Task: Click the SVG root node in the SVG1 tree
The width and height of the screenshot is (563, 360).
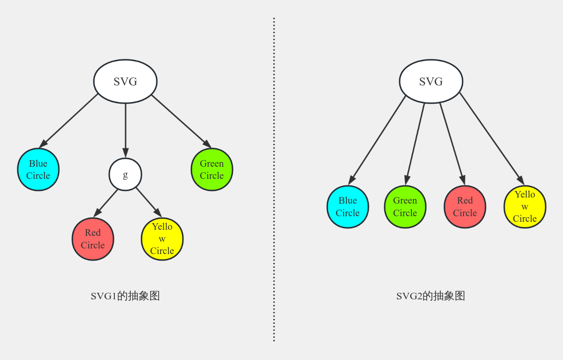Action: coord(125,81)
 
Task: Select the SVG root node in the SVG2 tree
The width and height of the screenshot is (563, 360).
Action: coord(431,81)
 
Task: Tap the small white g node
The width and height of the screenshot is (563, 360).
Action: coord(125,174)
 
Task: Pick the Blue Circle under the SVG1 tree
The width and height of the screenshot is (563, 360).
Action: coord(38,169)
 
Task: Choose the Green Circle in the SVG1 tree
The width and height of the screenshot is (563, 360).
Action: coord(212,169)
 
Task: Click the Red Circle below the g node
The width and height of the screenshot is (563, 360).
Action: coord(93,239)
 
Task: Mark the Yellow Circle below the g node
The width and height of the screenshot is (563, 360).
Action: coord(162,239)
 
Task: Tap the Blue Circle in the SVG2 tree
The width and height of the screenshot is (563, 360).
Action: coord(348,206)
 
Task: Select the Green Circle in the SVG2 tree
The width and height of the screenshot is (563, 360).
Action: coord(405,206)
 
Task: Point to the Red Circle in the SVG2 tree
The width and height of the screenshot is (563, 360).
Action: coord(465,206)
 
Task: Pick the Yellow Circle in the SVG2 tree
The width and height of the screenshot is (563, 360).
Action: coord(525,206)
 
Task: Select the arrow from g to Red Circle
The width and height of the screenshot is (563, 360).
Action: coord(106,203)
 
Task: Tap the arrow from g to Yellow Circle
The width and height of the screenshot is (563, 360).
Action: coord(148,202)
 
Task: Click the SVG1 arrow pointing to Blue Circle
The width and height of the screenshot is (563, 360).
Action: coord(69,120)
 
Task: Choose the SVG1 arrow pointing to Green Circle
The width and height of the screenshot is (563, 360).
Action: coord(181,121)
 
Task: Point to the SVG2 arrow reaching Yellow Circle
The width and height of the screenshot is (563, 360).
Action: coord(491,138)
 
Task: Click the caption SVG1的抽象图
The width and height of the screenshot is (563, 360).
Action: coord(125,296)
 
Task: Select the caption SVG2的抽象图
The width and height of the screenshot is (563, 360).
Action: coord(430,296)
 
